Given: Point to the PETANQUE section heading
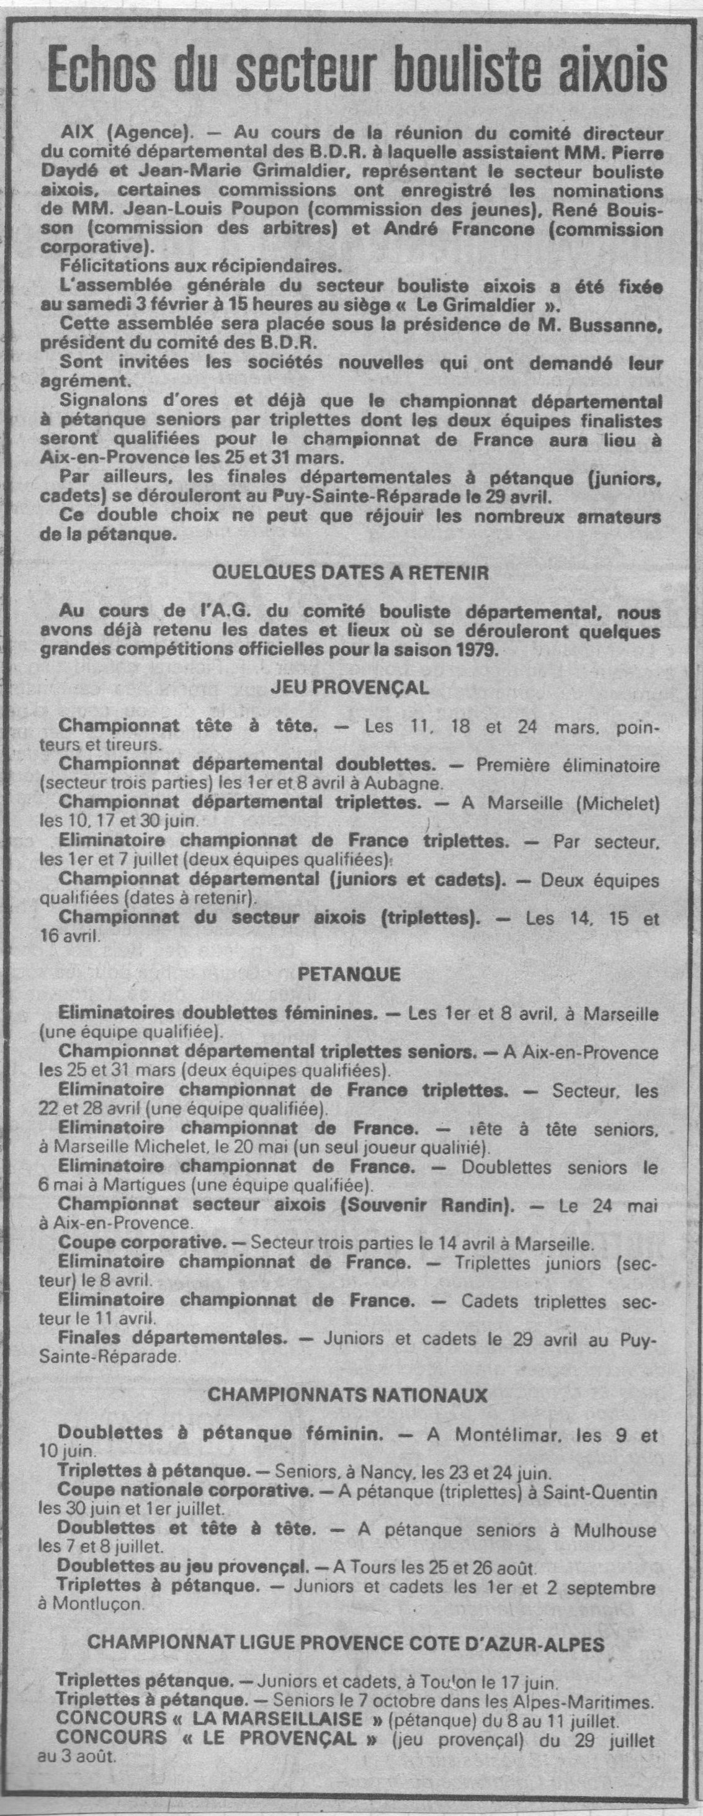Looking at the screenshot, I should point(350,975).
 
